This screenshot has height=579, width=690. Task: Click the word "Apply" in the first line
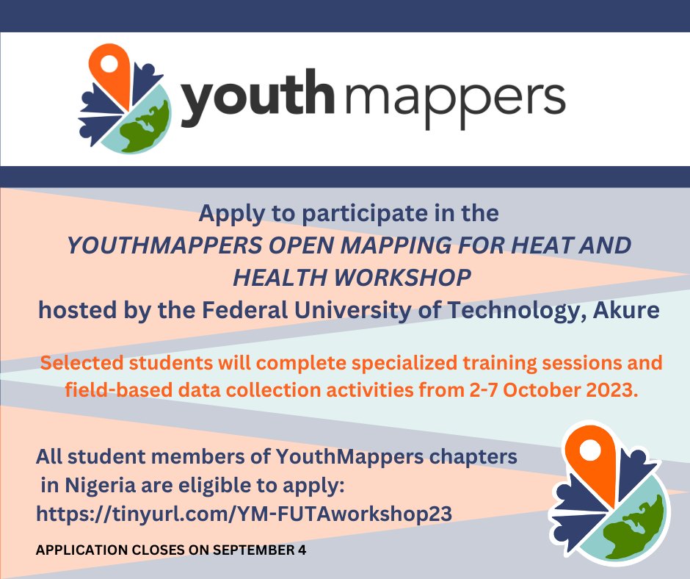225,214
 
